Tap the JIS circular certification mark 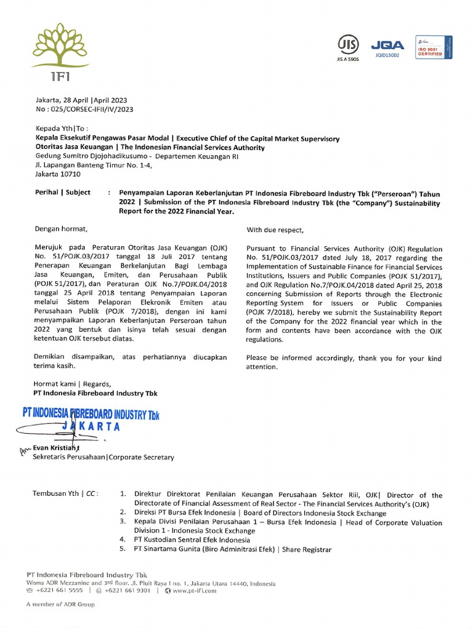click(347, 44)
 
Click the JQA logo click(387, 45)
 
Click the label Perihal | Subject click(62, 193)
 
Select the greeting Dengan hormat click(57, 229)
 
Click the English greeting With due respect click(275, 230)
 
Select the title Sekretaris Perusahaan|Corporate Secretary click(103, 457)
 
